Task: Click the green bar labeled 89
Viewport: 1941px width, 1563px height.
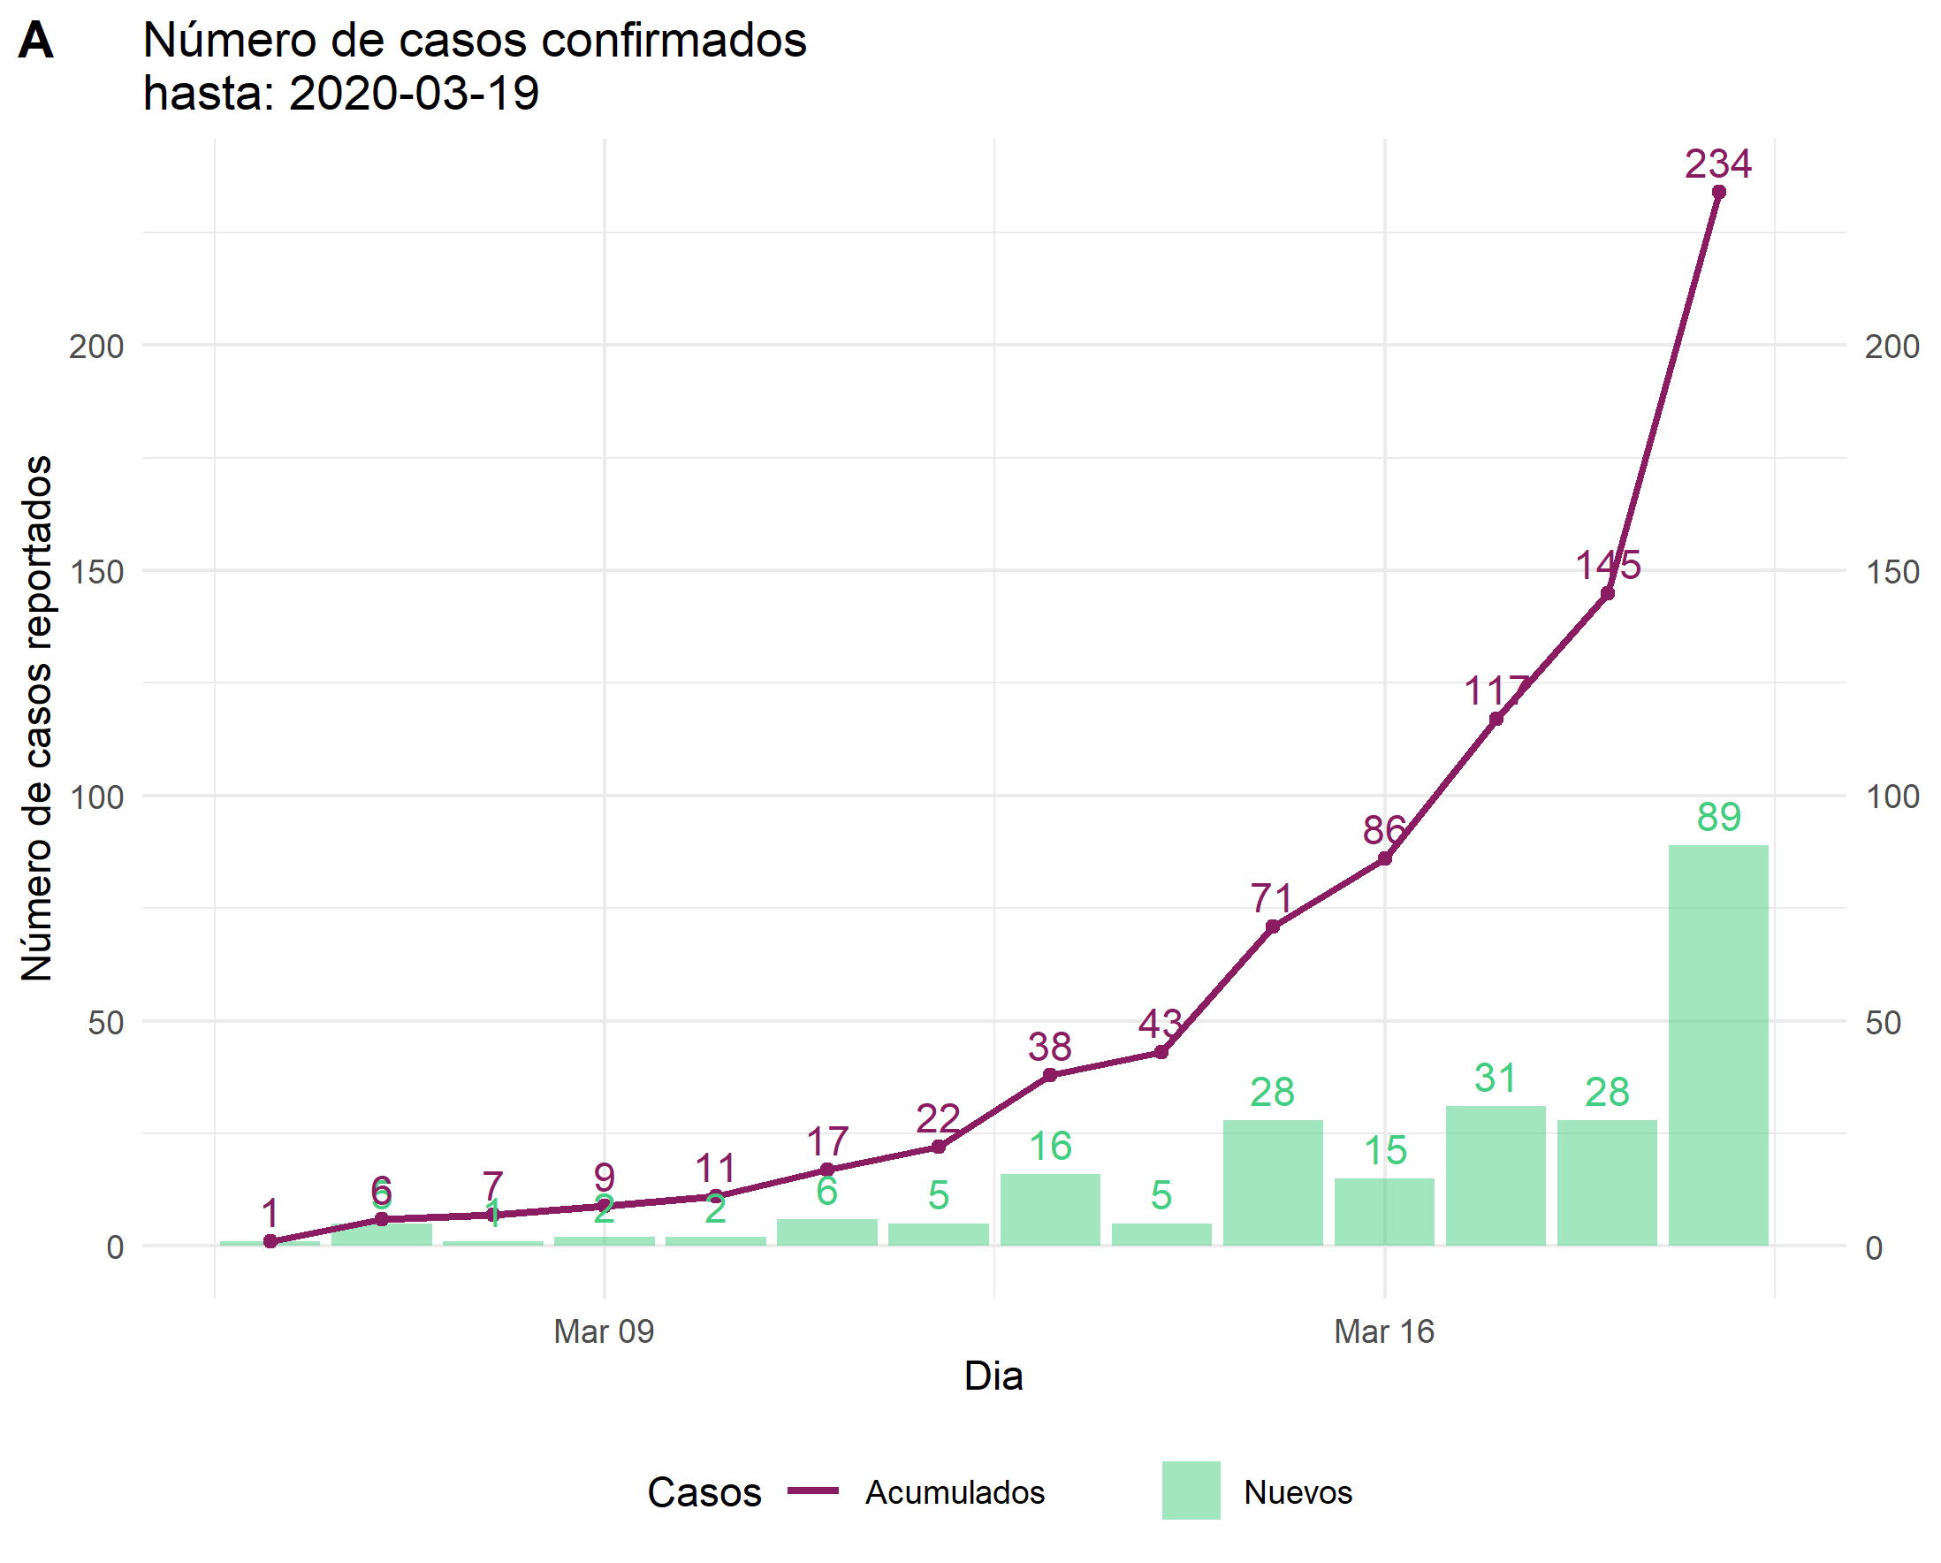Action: (x=1717, y=1044)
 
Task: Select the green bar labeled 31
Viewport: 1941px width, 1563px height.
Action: (x=1496, y=1175)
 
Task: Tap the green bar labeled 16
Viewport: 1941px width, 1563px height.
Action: (x=1050, y=1209)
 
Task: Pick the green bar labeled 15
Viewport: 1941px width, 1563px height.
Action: (x=1384, y=1212)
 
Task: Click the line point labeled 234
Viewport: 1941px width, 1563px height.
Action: (x=1718, y=192)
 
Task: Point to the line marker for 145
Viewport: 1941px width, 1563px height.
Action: (x=1607, y=593)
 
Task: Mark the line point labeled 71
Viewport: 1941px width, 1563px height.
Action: (x=1272, y=926)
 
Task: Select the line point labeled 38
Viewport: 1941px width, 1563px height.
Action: (x=1050, y=1075)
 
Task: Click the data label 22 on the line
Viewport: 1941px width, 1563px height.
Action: (x=938, y=1118)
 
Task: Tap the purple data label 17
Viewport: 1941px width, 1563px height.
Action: (x=827, y=1140)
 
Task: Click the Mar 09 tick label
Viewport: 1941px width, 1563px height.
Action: (x=603, y=1330)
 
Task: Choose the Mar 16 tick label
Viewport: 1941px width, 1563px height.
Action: (x=1384, y=1330)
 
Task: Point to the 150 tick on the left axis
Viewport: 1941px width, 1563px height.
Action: (x=96, y=572)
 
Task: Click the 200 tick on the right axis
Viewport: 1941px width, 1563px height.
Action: (x=1892, y=347)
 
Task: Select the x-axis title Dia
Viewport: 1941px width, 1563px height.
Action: (x=993, y=1376)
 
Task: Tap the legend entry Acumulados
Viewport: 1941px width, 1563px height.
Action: (x=955, y=1492)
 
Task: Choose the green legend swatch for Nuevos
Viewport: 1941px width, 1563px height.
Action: (x=1191, y=1491)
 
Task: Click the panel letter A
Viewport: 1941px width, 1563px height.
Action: (x=36, y=41)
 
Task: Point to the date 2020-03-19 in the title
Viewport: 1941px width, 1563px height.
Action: (x=414, y=93)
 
